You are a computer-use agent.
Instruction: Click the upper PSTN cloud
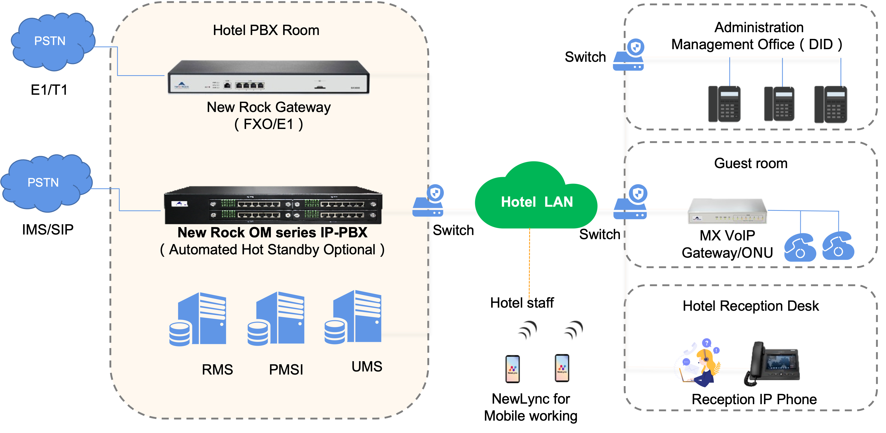pos(51,41)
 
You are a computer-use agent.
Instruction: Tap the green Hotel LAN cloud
pos(536,200)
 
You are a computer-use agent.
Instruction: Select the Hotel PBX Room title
pos(266,30)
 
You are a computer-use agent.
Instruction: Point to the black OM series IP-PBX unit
pos(273,205)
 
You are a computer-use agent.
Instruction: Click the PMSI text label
pos(286,370)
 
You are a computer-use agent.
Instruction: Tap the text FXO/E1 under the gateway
pos(268,124)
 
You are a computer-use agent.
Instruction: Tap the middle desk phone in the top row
pos(780,104)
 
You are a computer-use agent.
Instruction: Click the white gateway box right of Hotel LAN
pos(727,211)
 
